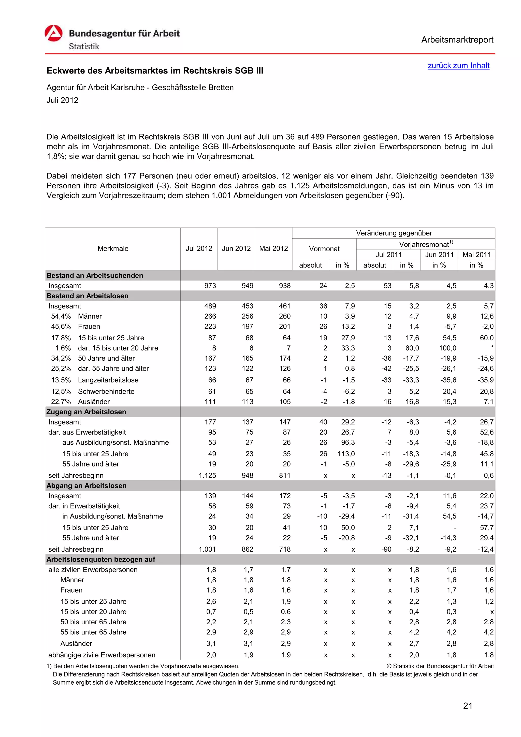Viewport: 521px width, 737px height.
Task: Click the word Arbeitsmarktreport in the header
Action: click(x=457, y=40)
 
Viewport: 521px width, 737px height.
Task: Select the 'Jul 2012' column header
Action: click(x=199, y=248)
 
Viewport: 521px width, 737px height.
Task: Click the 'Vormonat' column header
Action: click(x=324, y=249)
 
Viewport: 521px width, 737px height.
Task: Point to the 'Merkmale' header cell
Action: click(x=113, y=248)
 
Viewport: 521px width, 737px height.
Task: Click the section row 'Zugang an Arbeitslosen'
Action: click(x=86, y=412)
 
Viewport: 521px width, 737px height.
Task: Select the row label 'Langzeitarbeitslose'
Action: click(x=108, y=380)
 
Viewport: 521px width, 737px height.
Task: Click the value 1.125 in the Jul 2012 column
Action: click(x=207, y=475)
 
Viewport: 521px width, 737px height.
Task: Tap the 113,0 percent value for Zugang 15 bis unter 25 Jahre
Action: click(x=348, y=454)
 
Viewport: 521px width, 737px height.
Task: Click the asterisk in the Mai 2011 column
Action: click(x=492, y=348)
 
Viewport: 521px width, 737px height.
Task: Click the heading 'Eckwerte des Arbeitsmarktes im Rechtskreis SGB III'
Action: click(x=155, y=71)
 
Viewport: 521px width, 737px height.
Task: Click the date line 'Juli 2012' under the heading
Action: click(x=62, y=100)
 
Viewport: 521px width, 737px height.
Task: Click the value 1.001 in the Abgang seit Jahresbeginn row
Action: click(x=207, y=549)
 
